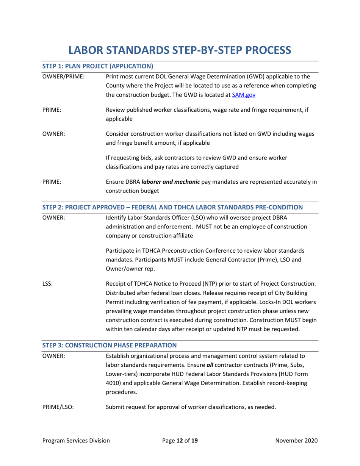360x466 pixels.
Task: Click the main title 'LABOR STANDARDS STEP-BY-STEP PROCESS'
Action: tap(180, 49)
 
